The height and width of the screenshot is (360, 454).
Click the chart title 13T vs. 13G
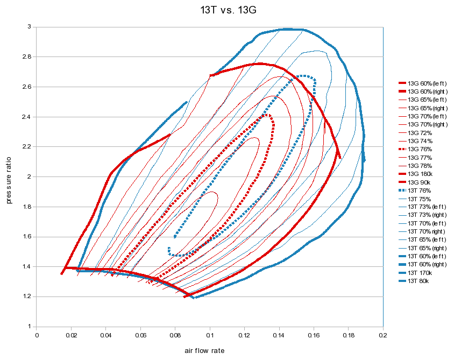(227, 9)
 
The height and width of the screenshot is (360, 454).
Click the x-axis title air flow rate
(204, 350)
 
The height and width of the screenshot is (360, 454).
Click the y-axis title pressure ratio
(9, 177)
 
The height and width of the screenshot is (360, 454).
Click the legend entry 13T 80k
(420, 281)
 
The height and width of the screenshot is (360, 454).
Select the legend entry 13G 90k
(420, 182)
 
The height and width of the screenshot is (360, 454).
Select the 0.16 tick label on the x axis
(314, 335)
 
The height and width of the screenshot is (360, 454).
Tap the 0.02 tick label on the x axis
(72, 335)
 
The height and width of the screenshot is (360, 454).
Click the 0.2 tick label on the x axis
(383, 335)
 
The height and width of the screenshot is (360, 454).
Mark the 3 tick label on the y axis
(31, 26)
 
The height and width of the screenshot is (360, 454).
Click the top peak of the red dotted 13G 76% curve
(266, 115)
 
